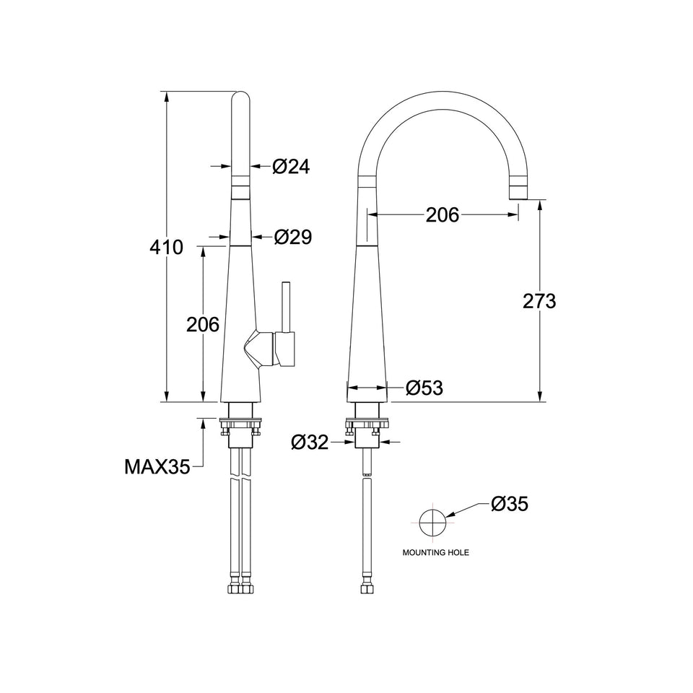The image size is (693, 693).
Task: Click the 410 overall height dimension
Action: tap(166, 247)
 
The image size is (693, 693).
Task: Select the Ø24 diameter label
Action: tap(291, 166)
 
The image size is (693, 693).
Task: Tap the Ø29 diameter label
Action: tap(292, 237)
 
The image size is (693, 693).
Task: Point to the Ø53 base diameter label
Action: tap(424, 388)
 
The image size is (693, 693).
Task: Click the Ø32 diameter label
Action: tap(310, 442)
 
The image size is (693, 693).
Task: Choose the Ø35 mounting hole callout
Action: tap(510, 503)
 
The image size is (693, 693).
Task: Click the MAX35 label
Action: tap(157, 466)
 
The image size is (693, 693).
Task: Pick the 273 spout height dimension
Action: tap(539, 302)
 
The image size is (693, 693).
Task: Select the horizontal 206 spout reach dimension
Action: tap(443, 215)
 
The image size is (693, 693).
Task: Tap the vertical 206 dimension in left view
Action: tap(203, 325)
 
